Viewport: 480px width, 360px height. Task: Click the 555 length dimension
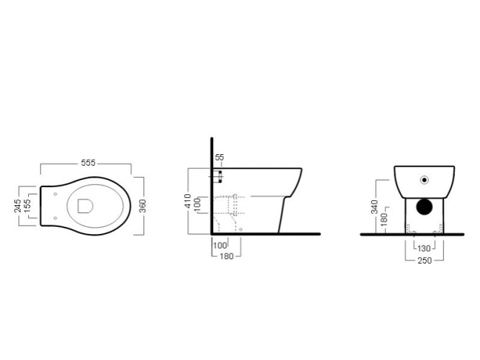coord(89,163)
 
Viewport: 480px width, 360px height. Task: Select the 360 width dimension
coord(142,206)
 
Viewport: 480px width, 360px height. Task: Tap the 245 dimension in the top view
coord(18,206)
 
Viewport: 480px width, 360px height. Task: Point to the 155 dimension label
coord(27,206)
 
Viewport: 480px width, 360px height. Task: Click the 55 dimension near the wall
coord(219,157)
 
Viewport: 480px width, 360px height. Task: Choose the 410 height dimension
coord(188,201)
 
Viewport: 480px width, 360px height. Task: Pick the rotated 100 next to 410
coord(197,204)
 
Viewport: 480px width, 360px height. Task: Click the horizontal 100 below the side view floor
coord(219,246)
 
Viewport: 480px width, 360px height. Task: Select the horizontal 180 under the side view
coord(227,256)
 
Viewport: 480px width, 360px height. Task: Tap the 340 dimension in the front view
coord(374,207)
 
